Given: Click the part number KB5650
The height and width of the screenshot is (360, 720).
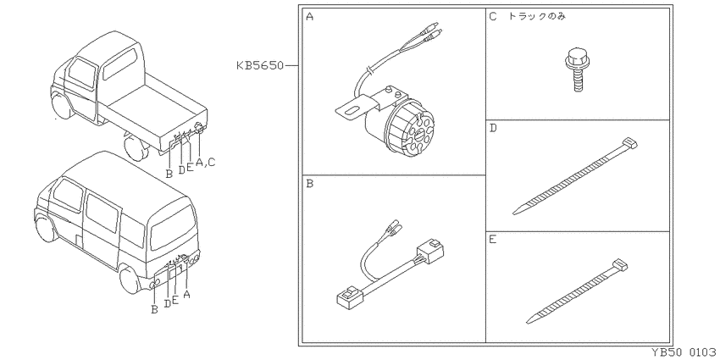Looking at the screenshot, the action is coord(260,66).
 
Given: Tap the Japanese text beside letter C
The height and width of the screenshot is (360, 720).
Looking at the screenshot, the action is coord(536,17).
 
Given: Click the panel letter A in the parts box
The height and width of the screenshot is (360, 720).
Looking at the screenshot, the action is coord(309,17).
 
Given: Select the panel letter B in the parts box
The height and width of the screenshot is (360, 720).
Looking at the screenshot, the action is coord(309,184).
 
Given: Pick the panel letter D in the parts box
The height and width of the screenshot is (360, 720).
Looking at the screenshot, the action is coord(493,128).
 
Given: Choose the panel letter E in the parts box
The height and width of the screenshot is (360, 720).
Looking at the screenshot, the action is coord(493,240).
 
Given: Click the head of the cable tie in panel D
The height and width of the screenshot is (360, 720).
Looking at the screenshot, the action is coord(629,144).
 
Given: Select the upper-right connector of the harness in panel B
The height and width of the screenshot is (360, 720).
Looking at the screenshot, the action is coord(430,252).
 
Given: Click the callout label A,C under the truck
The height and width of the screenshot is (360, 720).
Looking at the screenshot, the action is coord(205,162).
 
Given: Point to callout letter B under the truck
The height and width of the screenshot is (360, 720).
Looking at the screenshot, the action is coord(169,174).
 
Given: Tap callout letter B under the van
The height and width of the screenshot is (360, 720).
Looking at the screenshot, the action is coord(155,309).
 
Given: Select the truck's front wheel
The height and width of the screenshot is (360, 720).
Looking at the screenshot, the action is coord(61,107).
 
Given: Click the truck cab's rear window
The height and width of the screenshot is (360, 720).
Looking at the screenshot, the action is coord(119,64).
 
